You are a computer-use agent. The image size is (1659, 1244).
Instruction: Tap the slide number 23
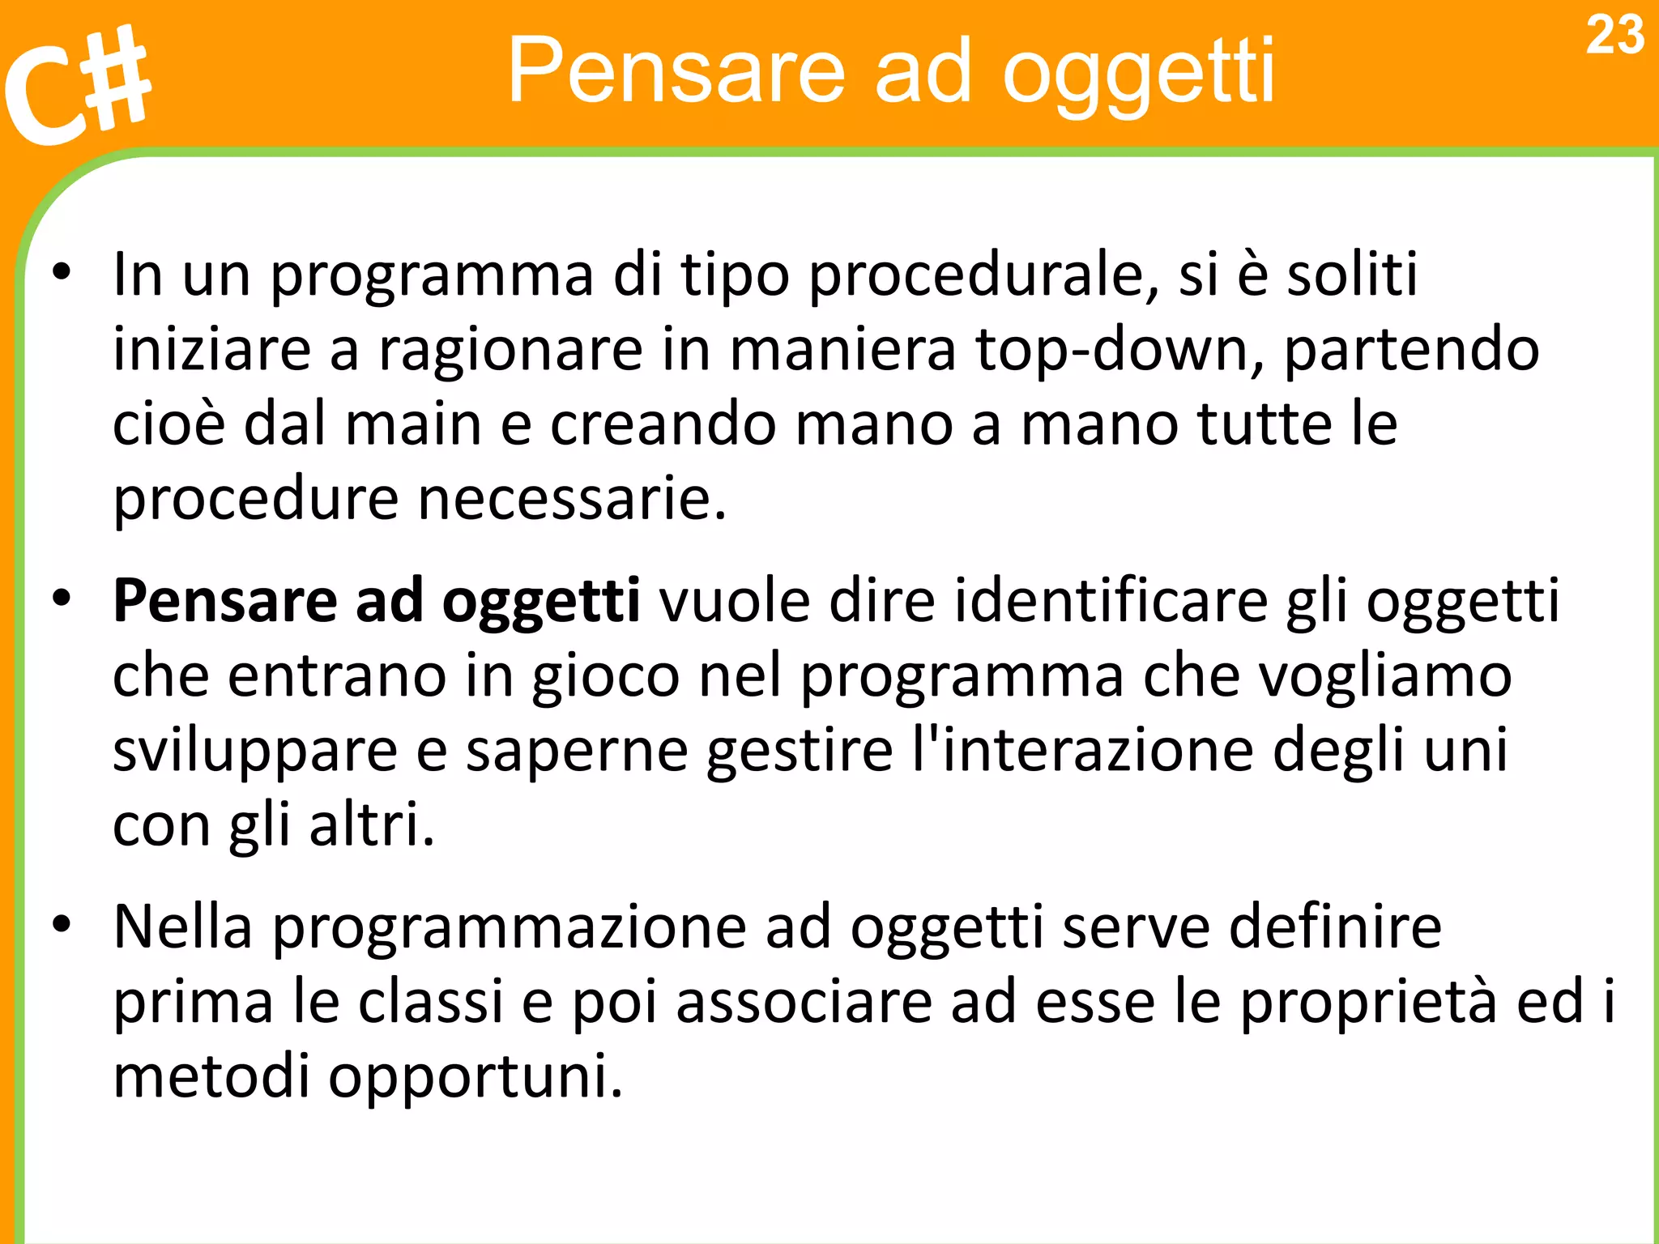[1614, 36]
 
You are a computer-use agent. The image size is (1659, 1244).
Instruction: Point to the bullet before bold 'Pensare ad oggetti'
[62, 599]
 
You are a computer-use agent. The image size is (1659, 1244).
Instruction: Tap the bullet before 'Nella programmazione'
[62, 925]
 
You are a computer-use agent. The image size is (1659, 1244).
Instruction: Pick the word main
[413, 424]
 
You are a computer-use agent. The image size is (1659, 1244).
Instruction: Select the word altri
[371, 824]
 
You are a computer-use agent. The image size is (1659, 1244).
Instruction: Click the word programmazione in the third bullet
[509, 928]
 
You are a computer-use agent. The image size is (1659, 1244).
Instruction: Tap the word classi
[431, 1002]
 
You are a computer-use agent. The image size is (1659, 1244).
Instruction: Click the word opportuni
[475, 1077]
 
